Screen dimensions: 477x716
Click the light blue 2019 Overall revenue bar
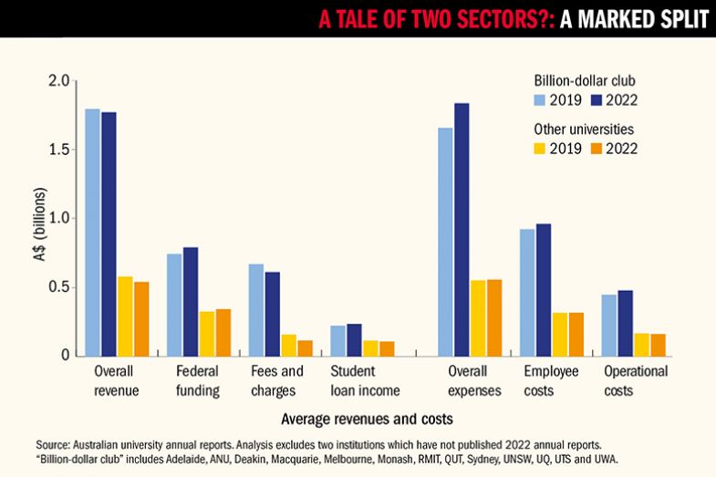[x=92, y=233]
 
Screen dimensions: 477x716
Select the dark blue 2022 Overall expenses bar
[x=462, y=230]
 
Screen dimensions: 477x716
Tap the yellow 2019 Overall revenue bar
[x=124, y=316]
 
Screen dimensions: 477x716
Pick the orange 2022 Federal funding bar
[x=223, y=332]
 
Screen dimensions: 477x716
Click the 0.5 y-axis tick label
[x=59, y=287]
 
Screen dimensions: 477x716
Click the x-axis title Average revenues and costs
[x=368, y=420]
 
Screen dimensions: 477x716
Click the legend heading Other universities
[x=584, y=129]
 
